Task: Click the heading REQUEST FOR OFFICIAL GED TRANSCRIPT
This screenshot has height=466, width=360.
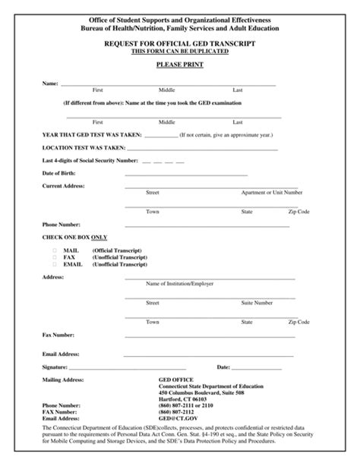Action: click(x=179, y=45)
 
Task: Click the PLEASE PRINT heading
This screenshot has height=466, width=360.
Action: click(x=179, y=65)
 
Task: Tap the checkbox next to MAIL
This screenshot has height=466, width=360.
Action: click(x=55, y=250)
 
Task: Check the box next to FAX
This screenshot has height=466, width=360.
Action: click(x=55, y=257)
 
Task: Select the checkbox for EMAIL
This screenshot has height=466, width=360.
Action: click(x=55, y=264)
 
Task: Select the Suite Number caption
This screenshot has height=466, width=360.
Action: click(x=257, y=302)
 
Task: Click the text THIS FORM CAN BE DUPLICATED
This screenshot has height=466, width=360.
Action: click(x=179, y=52)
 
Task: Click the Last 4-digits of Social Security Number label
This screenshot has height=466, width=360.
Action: click(x=90, y=160)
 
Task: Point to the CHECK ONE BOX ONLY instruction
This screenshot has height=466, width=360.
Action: click(x=74, y=238)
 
